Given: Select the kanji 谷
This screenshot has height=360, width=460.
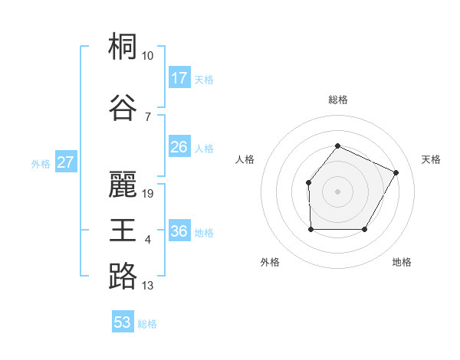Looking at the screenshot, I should point(123,107).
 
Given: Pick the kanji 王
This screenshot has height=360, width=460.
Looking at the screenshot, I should point(123,230).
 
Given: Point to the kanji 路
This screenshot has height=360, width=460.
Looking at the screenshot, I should point(123,276).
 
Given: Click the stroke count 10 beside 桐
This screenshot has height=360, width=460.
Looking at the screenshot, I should point(148,56).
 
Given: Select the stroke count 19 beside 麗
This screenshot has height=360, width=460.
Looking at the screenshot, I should point(148,194).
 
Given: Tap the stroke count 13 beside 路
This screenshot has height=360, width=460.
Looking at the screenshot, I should point(148,286).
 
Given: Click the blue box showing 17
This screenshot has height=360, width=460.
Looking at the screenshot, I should point(179,78).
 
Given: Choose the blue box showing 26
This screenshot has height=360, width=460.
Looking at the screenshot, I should point(179,147).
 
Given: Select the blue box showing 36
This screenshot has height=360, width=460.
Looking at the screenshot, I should point(179,231).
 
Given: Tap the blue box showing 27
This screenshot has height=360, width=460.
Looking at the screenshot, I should point(66,162).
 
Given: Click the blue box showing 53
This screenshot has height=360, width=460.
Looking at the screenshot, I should point(123,322).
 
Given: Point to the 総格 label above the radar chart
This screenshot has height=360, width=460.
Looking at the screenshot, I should point(337,100).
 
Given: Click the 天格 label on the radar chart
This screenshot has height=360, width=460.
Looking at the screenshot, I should point(432,159).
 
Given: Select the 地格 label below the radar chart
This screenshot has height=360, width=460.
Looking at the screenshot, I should point(402,262).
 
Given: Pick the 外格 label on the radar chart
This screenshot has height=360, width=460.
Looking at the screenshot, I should point(270,262).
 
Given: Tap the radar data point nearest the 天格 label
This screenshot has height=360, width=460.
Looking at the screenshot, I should point(396,172).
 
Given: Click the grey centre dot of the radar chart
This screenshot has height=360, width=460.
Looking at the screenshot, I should point(337,191).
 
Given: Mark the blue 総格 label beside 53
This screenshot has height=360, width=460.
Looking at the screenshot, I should point(147,324).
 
